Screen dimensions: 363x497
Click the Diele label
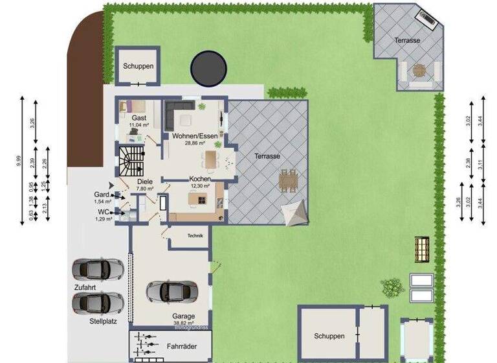(x=144, y=182)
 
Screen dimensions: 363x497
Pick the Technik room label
(x=195, y=236)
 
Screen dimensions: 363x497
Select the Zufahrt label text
(x=86, y=285)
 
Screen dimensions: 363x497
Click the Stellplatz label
(x=104, y=321)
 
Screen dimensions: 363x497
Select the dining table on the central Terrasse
(x=288, y=180)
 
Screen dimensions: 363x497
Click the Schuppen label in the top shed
(x=137, y=66)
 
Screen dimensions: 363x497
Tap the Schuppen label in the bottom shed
(x=329, y=336)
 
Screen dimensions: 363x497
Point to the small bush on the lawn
(x=390, y=287)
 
